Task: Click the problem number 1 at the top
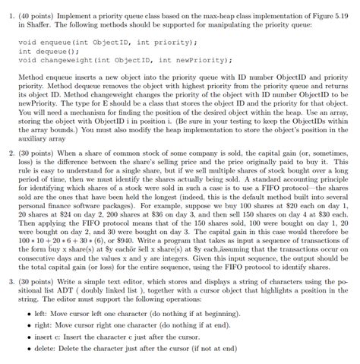tap(7, 6)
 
